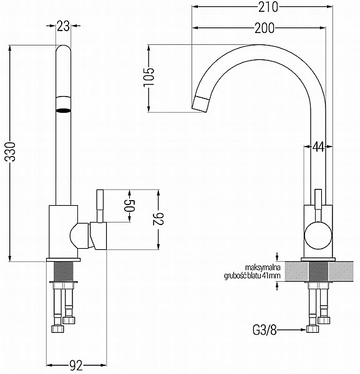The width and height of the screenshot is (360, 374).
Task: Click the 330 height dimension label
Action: coord(11,151)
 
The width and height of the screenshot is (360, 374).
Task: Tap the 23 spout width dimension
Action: coord(63,26)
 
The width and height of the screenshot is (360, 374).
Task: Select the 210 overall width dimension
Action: coord(268,7)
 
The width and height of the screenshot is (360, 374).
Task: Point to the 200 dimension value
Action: coord(265,28)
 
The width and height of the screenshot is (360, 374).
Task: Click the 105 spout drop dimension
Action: coord(149,77)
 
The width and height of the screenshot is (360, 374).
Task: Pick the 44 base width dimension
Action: coord(318,146)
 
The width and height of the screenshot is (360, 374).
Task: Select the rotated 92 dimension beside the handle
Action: coord(158,219)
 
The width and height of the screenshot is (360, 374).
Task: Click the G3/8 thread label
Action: coord(265,330)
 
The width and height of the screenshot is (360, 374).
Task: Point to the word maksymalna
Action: coord(263,267)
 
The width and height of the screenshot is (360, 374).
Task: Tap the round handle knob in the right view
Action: coord(318,235)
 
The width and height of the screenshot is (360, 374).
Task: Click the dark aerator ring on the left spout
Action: coord(63,110)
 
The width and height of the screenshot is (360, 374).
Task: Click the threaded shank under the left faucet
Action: coord(63,271)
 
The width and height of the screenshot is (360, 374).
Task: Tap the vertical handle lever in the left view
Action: coord(100,206)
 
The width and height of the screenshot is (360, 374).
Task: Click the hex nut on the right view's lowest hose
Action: coord(313,328)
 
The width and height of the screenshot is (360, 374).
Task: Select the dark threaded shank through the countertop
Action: coord(318,271)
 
